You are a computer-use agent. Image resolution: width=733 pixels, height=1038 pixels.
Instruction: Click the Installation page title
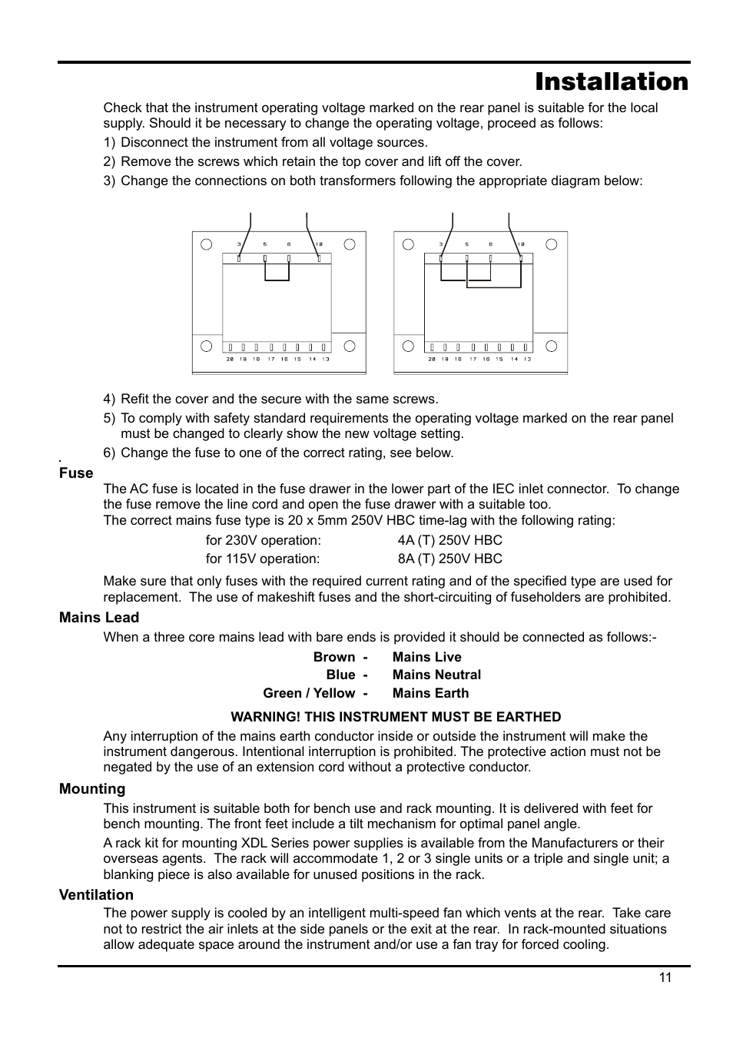pos(612,82)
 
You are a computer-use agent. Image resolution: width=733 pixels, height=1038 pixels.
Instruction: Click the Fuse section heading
pos(76,473)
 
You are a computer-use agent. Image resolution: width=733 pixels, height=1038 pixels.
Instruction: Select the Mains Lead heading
pos(99,618)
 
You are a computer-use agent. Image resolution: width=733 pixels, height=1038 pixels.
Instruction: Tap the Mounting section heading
pos(92,789)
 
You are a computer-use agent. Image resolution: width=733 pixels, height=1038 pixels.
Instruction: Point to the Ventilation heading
pos(96,895)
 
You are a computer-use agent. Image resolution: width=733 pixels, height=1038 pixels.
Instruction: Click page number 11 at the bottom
pos(665,977)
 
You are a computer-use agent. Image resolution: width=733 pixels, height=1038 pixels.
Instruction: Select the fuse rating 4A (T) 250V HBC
pos(449,540)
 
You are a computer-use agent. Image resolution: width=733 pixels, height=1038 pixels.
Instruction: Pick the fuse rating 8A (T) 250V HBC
pos(449,559)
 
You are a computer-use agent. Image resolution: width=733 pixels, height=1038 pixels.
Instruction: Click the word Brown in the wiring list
pos(334,657)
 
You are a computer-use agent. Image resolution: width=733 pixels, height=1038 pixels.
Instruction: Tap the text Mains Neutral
pos(436,675)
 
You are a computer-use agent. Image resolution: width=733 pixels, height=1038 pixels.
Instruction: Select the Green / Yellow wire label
pos(309,693)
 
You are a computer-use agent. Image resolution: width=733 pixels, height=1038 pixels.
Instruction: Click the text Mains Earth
pos(430,693)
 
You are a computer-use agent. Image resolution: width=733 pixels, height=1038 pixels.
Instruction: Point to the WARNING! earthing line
pos(396,717)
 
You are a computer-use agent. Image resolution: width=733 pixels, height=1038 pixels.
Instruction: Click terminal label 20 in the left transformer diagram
pos(229,359)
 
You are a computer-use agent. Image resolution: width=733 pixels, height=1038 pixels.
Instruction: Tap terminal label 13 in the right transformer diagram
pos(527,359)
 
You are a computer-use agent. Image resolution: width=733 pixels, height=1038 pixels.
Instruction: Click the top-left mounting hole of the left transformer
pos(206,244)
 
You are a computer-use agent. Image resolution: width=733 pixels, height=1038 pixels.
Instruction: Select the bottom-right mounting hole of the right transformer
pos(551,346)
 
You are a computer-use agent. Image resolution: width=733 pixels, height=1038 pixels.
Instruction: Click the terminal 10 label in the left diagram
pos(319,244)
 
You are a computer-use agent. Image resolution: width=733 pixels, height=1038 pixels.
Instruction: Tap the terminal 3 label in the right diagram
pos(441,244)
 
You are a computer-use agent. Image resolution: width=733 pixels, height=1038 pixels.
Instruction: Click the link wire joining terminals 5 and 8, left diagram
pos(277,280)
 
